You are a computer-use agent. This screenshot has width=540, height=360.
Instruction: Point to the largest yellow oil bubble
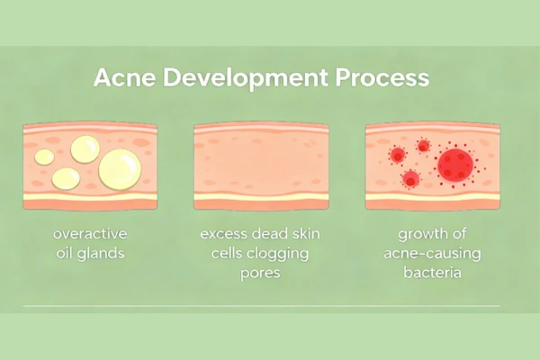click(120, 168)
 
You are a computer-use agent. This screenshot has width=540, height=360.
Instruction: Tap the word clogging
click(279, 254)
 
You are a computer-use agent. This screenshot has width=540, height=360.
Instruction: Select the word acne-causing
click(433, 253)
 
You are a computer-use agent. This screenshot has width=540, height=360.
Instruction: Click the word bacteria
click(433, 271)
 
